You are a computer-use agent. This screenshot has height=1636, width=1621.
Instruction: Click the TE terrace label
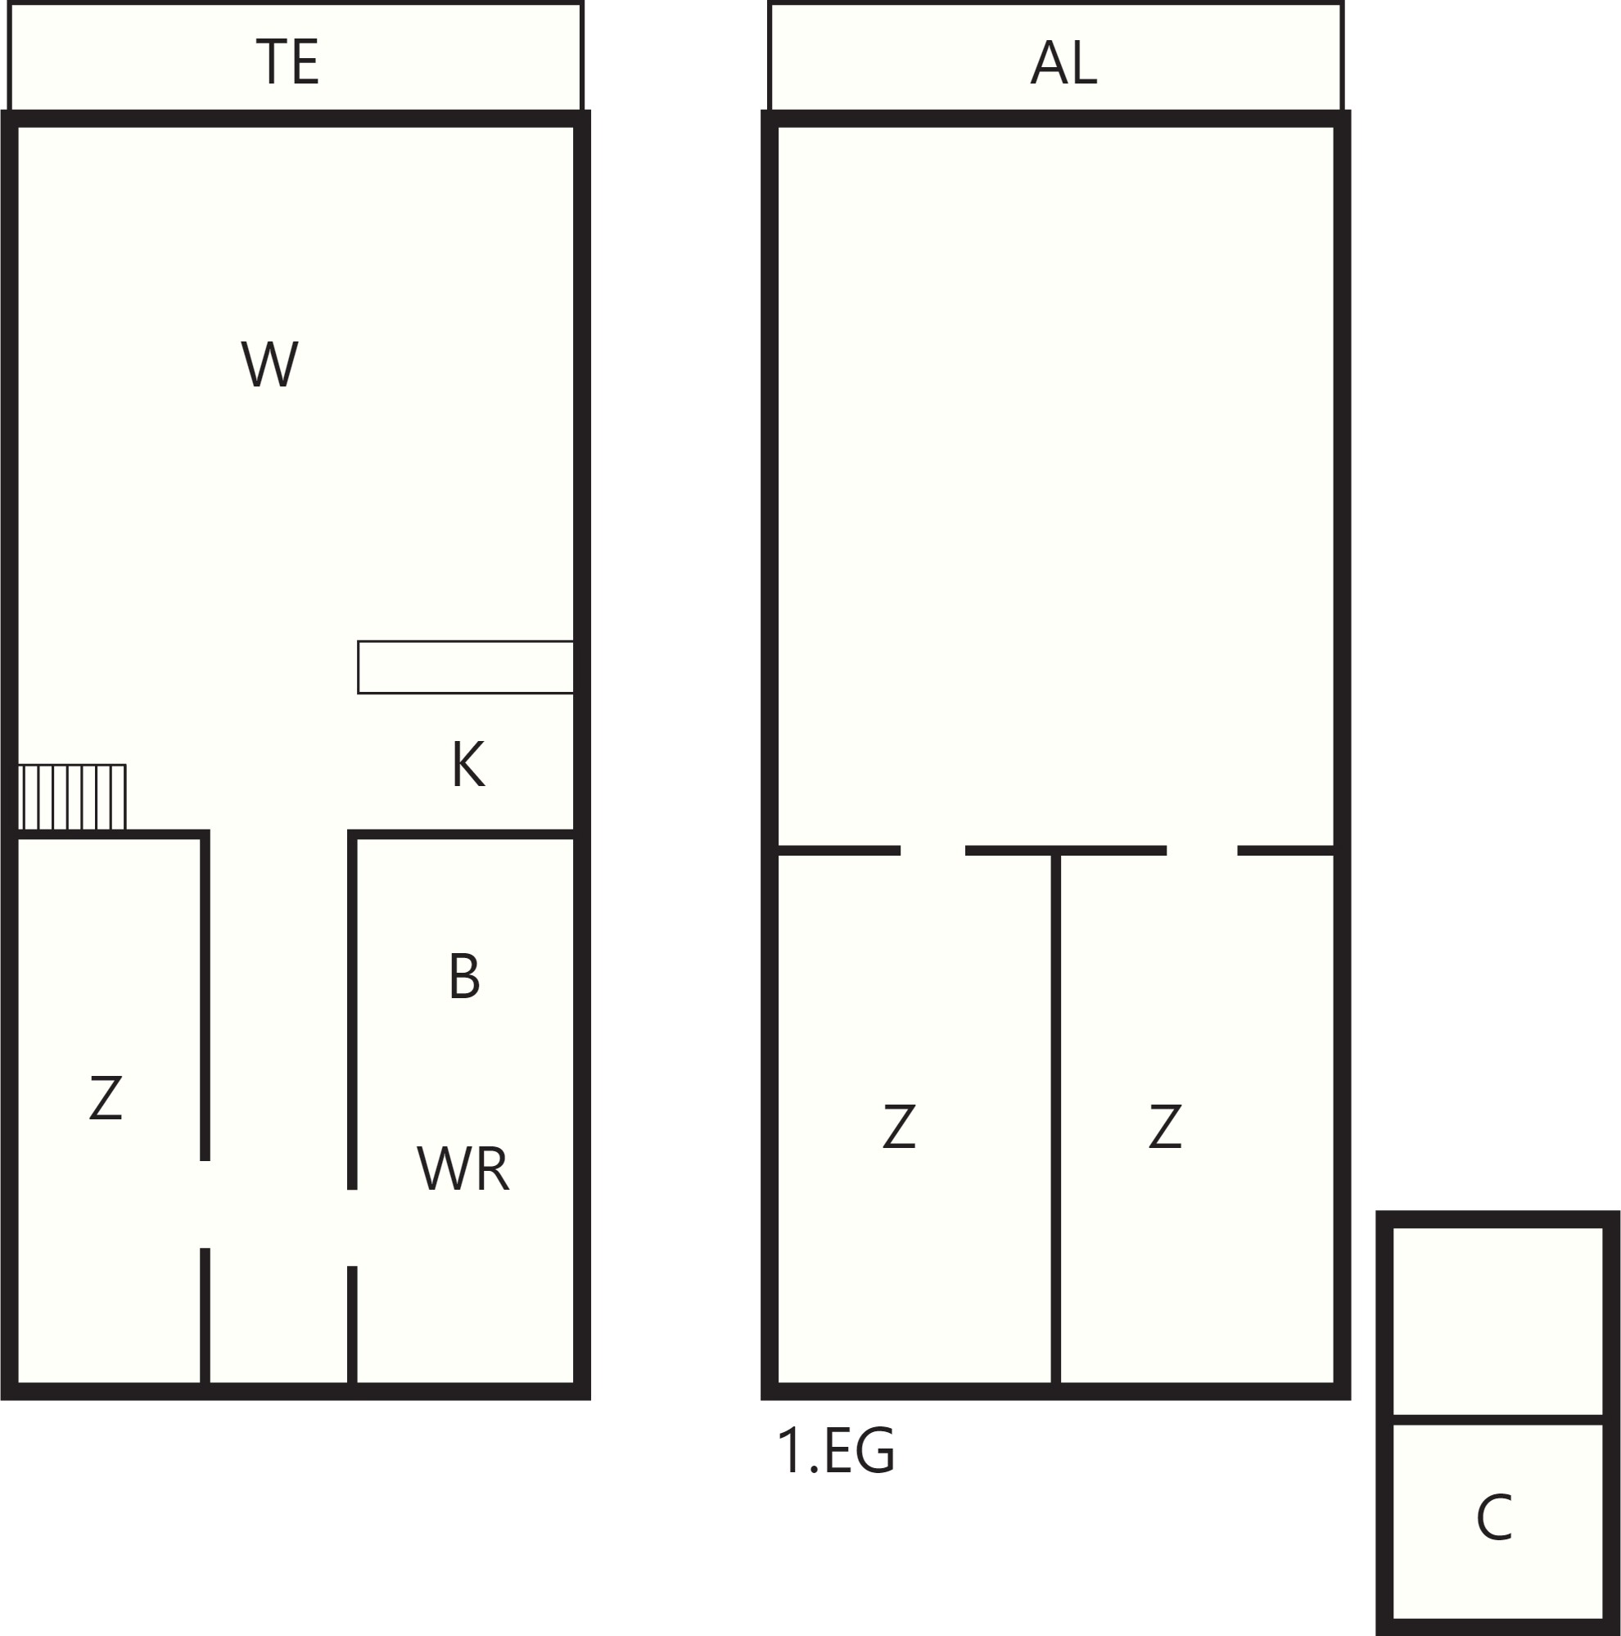tap(287, 61)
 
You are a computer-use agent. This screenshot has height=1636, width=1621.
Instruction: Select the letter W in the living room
tap(270, 365)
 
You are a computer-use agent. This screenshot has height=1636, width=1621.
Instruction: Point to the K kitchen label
tap(468, 765)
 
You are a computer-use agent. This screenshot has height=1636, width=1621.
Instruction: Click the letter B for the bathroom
tap(464, 975)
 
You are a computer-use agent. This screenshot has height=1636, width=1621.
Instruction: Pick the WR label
tap(463, 1169)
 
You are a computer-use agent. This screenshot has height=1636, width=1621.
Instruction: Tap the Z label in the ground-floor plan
tap(106, 1098)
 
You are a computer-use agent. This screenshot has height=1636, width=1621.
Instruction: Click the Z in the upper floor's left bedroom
tap(899, 1126)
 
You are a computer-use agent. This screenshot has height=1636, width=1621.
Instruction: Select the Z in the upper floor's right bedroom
tap(1165, 1126)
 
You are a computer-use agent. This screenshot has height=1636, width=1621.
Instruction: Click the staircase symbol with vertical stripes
tap(72, 798)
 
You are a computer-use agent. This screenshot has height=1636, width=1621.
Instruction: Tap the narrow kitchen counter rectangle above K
tap(466, 667)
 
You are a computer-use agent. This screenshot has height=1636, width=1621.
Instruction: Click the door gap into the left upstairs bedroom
tap(932, 850)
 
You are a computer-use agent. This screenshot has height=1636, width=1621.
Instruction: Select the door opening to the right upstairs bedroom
tap(1202, 850)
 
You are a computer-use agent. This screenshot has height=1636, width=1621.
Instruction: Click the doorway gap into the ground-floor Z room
tap(205, 1204)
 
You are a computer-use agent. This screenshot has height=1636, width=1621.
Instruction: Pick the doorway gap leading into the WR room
tap(352, 1228)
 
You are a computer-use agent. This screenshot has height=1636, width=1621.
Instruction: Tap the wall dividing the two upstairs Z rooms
tap(1055, 1119)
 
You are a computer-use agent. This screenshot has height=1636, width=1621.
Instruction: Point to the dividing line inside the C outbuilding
tap(1498, 1419)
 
